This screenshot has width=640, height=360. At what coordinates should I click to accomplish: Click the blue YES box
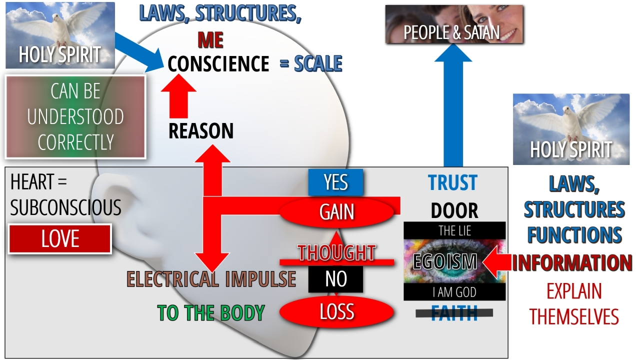(335, 182)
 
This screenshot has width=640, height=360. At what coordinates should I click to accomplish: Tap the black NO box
(335, 279)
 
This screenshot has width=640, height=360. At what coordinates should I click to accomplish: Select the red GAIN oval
(336, 212)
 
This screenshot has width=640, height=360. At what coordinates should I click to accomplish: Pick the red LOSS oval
(336, 312)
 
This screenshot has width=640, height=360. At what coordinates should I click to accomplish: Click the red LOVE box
(60, 239)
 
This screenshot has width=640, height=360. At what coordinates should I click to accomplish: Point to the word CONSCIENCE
(218, 64)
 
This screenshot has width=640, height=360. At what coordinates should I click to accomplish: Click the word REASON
(201, 131)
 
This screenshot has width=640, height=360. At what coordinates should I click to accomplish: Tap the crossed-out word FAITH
(454, 313)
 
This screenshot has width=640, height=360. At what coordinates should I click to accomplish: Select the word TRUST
(452, 183)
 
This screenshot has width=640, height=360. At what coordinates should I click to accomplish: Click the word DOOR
(454, 211)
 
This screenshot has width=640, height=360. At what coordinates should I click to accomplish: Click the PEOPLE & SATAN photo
(454, 24)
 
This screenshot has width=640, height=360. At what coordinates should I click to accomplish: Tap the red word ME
(210, 40)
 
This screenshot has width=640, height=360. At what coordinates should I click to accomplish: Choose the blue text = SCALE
(311, 64)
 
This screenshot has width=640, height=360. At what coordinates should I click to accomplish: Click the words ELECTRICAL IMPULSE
(211, 279)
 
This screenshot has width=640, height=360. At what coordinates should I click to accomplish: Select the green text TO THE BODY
(210, 313)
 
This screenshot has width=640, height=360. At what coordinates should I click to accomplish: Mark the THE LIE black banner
(454, 231)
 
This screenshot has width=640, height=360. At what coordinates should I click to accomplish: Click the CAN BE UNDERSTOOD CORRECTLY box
(75, 117)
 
